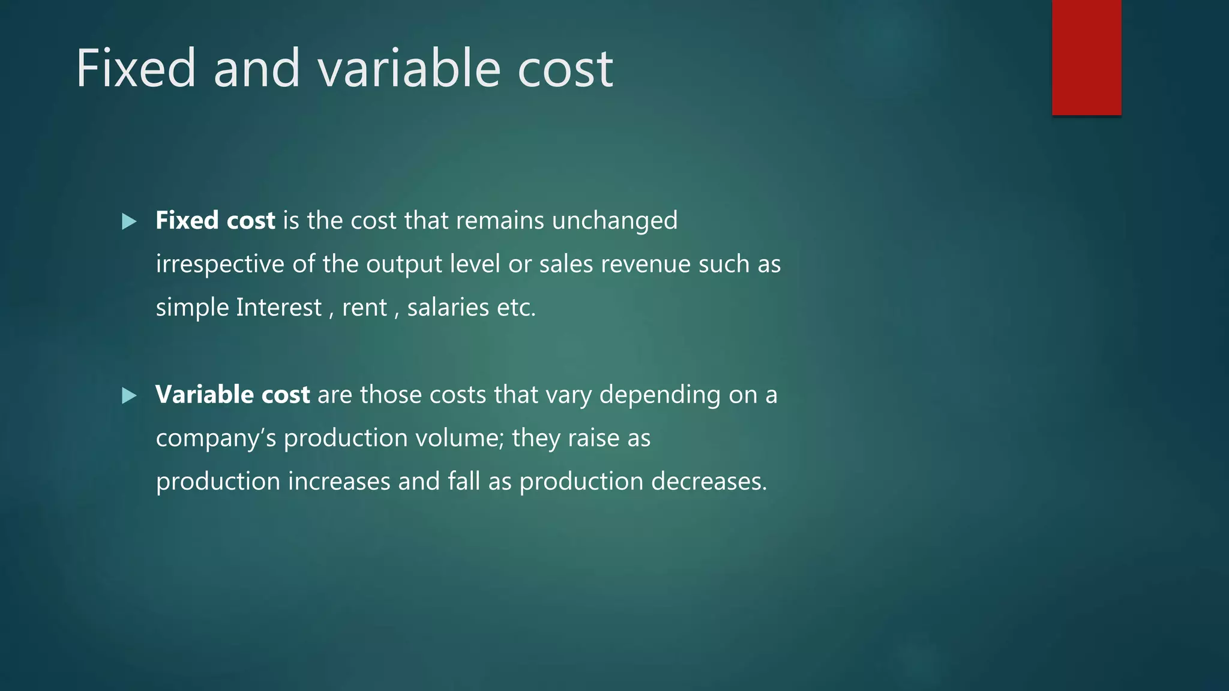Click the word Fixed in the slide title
pos(136,68)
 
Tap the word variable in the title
pos(409,68)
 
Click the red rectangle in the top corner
pos(1086,58)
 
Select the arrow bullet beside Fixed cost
pos(129,222)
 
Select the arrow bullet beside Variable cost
pos(129,396)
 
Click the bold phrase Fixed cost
pos(215,221)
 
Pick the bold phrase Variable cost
pos(232,395)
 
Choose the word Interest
pos(279,308)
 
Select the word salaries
pos(448,308)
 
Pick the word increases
pos(339,482)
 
